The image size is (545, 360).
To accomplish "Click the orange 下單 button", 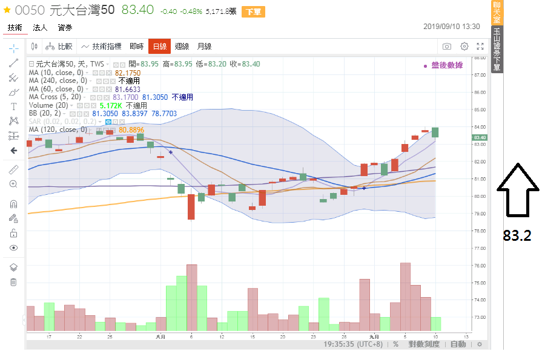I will click(253, 12).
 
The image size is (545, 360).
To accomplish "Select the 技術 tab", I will click(15, 27).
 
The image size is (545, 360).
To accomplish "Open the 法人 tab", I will click(40, 27).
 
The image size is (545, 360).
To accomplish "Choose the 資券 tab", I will click(65, 27).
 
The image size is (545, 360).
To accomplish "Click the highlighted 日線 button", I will click(159, 47).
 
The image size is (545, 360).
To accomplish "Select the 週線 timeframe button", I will click(182, 47).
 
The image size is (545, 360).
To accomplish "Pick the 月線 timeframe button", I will click(204, 47).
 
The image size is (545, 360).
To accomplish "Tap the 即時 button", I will click(137, 47).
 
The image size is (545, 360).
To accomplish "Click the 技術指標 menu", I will click(102, 47).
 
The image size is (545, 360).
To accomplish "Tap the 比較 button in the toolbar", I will click(60, 47).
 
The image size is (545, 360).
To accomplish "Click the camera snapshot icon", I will click(447, 47).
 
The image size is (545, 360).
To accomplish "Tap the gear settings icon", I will click(464, 47).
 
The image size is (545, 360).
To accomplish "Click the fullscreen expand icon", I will click(480, 47).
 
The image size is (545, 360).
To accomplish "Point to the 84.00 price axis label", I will click(481, 126).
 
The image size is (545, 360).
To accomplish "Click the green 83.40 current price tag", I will click(481, 137).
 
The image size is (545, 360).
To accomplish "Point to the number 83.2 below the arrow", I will click(517, 236).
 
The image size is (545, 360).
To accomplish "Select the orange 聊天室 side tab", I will click(497, 12).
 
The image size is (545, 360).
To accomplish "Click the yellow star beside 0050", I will click(7, 10).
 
